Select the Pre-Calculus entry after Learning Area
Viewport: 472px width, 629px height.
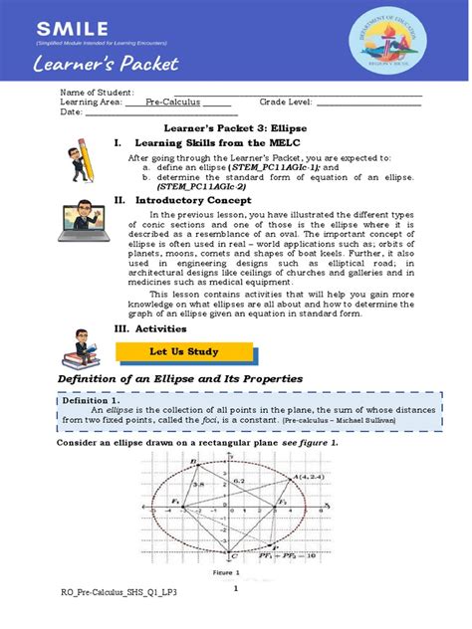click(x=170, y=102)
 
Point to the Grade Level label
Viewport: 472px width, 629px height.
click(x=286, y=102)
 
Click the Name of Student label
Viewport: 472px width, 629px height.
click(x=97, y=92)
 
